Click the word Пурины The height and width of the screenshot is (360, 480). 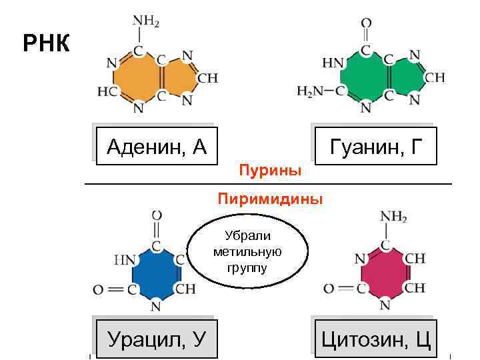coord(270,171)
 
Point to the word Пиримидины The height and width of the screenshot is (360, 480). coord(270,199)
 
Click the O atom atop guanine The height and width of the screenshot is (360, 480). coord(366,23)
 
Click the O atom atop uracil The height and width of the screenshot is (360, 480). coord(157,217)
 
